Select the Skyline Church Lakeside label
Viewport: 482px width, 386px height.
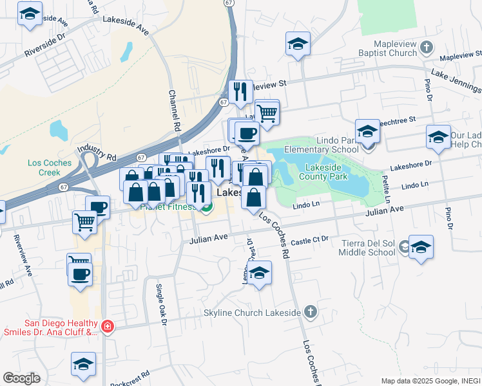point(256,313)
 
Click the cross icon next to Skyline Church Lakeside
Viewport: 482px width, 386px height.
point(311,313)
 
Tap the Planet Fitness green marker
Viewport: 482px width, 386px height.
point(207,207)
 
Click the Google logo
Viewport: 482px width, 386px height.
point(21,378)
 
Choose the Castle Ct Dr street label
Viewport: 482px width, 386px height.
point(309,239)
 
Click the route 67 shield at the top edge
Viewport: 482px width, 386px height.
point(229,3)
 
